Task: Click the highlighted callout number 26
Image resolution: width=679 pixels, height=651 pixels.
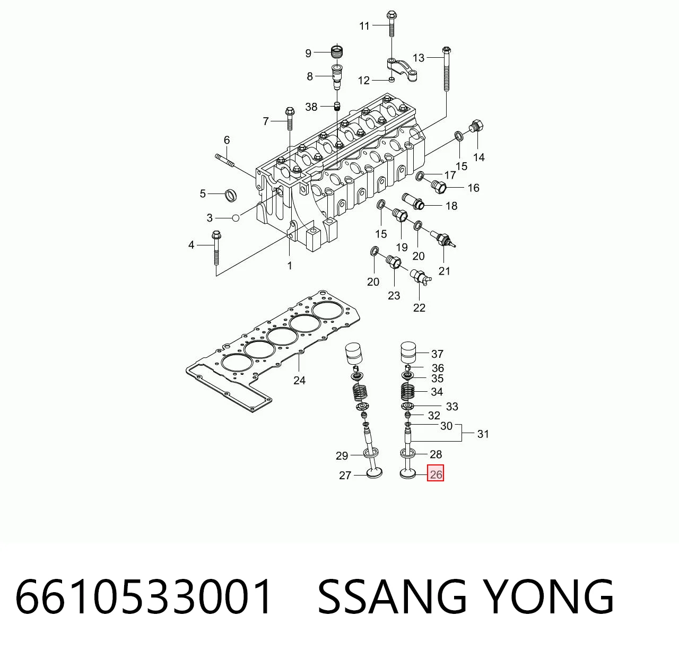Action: tap(436, 474)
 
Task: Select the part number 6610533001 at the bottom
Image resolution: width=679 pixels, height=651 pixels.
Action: tap(143, 596)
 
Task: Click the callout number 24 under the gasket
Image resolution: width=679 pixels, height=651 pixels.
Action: tap(299, 380)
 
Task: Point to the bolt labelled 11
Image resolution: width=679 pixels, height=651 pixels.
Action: tap(391, 24)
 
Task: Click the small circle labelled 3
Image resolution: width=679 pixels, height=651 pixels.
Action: tap(236, 218)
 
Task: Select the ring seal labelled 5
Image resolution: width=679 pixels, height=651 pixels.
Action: tap(230, 195)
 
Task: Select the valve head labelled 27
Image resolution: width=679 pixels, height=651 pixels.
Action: tap(375, 473)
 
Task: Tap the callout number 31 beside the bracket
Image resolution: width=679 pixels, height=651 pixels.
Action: tap(483, 434)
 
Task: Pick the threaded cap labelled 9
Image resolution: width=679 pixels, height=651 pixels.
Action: tap(337, 53)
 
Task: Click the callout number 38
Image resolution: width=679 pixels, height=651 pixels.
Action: tap(311, 107)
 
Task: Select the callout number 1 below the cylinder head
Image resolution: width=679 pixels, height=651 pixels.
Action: tap(290, 266)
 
